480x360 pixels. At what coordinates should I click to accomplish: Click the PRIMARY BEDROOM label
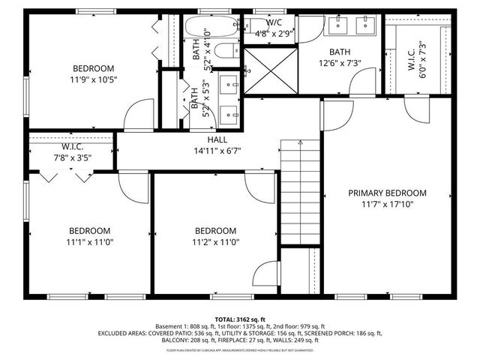click(387, 193)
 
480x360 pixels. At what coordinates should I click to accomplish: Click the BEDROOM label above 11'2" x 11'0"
click(215, 231)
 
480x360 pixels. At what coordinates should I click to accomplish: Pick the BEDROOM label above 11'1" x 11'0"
click(90, 231)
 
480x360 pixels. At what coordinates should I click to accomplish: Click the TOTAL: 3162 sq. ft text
click(240, 319)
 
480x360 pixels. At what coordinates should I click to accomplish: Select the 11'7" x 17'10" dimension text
click(387, 203)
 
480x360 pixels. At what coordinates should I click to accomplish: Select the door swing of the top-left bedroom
click(137, 114)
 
